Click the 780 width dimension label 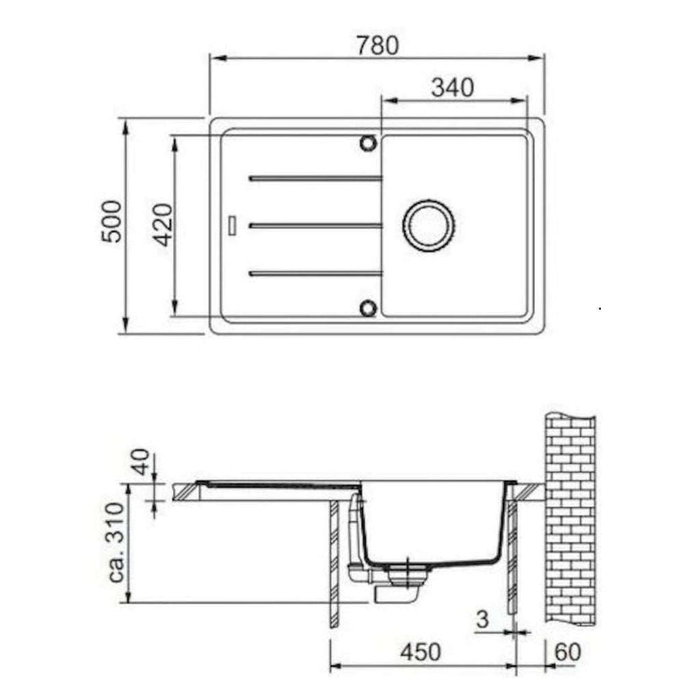(x=377, y=45)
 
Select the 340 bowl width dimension (x=453, y=87)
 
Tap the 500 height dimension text (x=111, y=221)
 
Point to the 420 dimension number (x=163, y=224)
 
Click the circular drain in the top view (x=429, y=226)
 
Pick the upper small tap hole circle (x=368, y=144)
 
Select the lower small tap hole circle (x=368, y=308)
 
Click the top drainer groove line (x=316, y=178)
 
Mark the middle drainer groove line (x=316, y=226)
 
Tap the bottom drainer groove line (x=316, y=273)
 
